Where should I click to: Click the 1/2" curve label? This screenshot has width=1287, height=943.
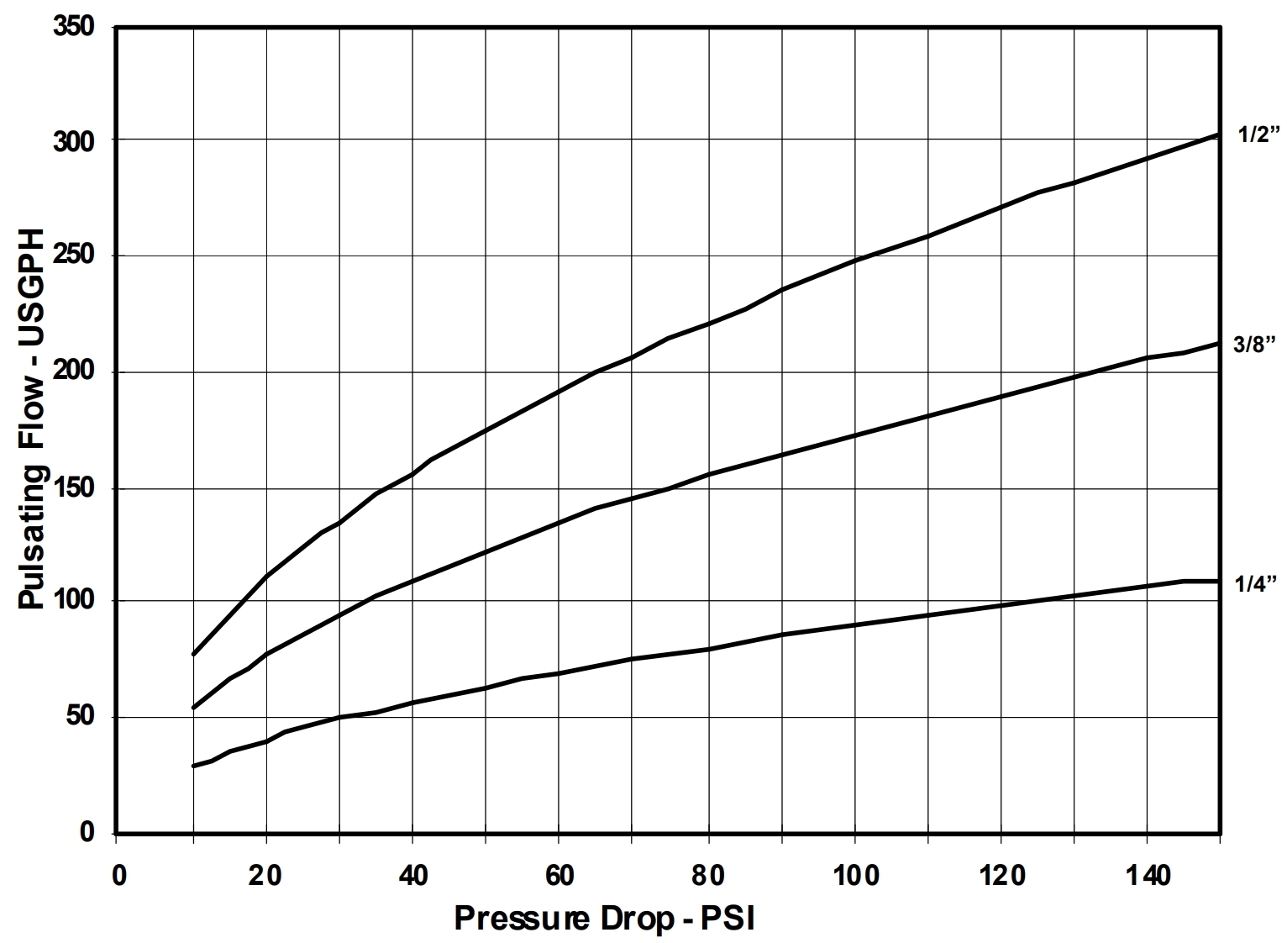click(x=1258, y=135)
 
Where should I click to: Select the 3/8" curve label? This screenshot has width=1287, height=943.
click(x=1255, y=344)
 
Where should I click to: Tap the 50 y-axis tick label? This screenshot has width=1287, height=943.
click(x=80, y=717)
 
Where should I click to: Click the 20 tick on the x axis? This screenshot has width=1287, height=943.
click(x=266, y=877)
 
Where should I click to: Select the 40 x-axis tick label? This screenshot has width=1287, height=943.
click(x=412, y=877)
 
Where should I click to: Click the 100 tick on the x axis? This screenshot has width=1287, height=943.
click(x=854, y=877)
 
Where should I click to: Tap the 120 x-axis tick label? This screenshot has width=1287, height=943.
click(x=1001, y=877)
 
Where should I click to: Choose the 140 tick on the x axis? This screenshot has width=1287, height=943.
click(x=1147, y=877)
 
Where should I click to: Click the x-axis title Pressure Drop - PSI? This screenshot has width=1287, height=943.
click(x=604, y=919)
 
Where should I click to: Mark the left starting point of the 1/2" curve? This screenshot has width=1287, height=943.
click(x=194, y=654)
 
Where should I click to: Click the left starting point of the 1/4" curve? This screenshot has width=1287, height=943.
click(x=194, y=766)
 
